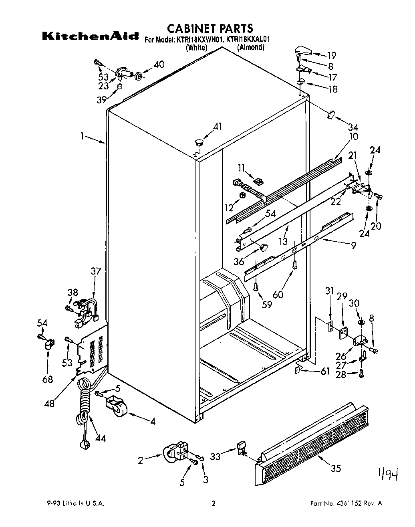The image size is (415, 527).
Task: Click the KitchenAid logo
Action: point(91,36)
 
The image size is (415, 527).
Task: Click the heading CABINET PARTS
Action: point(210,28)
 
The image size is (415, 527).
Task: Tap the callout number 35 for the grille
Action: point(336,468)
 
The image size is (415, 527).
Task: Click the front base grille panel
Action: point(312,445)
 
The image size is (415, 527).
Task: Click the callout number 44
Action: point(101,438)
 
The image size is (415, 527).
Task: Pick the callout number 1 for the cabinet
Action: point(82,136)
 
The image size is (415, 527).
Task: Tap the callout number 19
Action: point(332,55)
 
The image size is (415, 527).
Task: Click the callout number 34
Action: point(353,127)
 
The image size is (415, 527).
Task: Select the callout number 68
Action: point(48,379)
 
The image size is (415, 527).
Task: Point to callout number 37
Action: point(96,271)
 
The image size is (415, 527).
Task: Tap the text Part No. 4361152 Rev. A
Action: point(347,504)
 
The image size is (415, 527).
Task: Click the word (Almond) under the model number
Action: point(250,47)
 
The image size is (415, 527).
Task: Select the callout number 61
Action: point(325,372)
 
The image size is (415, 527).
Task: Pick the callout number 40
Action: point(159,64)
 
